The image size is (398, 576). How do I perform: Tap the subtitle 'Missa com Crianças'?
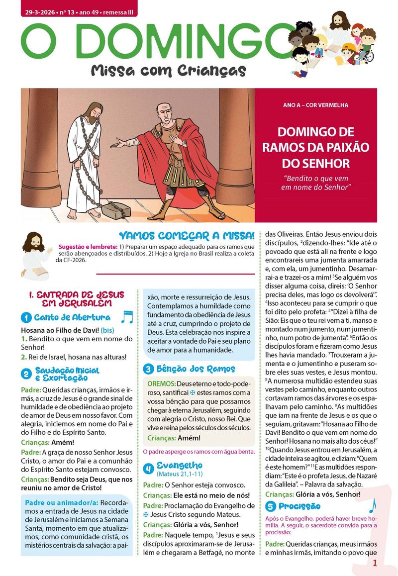[x=168, y=71]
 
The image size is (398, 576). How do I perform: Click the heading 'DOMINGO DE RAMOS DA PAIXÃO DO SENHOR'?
[x=316, y=148]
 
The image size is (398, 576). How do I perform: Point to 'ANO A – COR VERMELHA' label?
[x=315, y=105]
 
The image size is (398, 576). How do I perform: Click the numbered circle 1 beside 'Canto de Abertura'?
[x=26, y=318]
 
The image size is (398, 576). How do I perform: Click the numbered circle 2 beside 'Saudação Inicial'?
[x=26, y=374]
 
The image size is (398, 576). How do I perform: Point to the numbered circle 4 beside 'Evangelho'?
[x=148, y=469]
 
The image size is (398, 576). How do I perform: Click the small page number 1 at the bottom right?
[x=375, y=563]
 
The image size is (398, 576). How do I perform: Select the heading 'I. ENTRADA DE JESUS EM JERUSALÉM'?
[x=76, y=299]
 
